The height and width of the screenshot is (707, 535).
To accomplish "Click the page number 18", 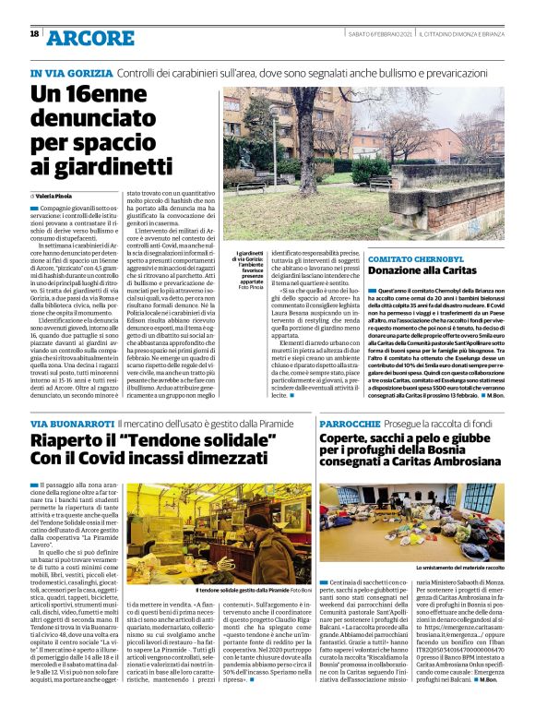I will tap(34, 34).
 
